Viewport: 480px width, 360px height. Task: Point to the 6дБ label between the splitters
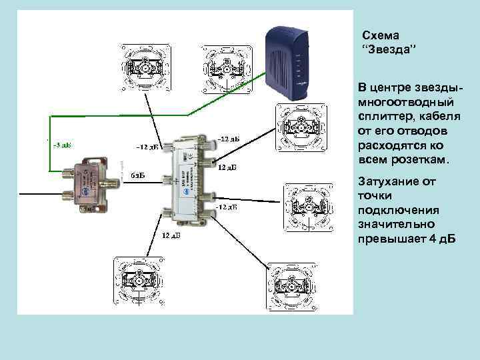click(x=137, y=175)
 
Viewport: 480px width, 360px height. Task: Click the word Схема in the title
click(x=379, y=36)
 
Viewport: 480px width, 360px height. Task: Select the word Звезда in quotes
click(x=388, y=51)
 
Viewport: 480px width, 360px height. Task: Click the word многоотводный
click(x=406, y=103)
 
